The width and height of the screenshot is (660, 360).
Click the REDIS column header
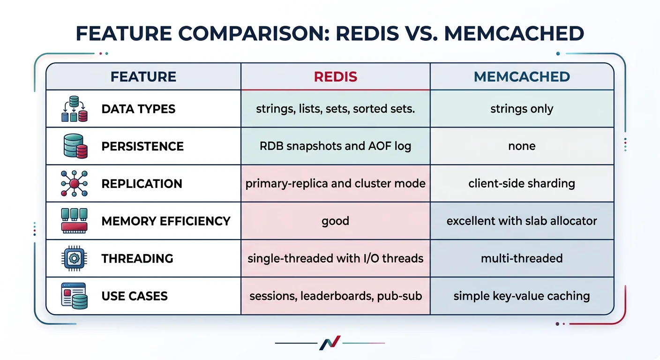pyautogui.click(x=335, y=76)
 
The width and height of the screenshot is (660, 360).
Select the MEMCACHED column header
pyautogui.click(x=522, y=76)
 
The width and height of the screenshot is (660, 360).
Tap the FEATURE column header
pyautogui.click(x=143, y=76)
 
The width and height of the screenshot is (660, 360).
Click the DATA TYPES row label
pyautogui.click(x=138, y=109)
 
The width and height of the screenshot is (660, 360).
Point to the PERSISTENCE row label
pyautogui.click(x=142, y=146)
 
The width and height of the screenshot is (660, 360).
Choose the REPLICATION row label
pyautogui.click(x=142, y=184)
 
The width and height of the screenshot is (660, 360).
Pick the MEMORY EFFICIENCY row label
pyautogui.click(x=166, y=221)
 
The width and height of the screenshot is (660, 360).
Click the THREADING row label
pyautogui.click(x=137, y=258)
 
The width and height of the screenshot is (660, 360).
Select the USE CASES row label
pyautogui.click(x=135, y=296)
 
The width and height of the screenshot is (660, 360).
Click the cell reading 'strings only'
pyautogui.click(x=522, y=109)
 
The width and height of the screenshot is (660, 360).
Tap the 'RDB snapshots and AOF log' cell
pyautogui.click(x=335, y=146)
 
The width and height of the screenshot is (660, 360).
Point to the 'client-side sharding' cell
pyautogui.click(x=522, y=183)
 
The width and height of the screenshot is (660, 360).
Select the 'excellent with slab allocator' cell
pyautogui.click(x=522, y=221)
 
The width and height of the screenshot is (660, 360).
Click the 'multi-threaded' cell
pyautogui.click(x=522, y=258)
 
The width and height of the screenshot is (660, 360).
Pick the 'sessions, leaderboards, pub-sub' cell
pyautogui.click(x=335, y=296)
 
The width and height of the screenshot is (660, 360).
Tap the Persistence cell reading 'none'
pyautogui.click(x=522, y=146)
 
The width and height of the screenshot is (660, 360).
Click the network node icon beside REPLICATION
pyautogui.click(x=74, y=184)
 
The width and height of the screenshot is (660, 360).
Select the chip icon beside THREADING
pyautogui.click(x=74, y=258)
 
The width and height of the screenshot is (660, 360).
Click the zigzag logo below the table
pyautogui.click(x=330, y=344)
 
